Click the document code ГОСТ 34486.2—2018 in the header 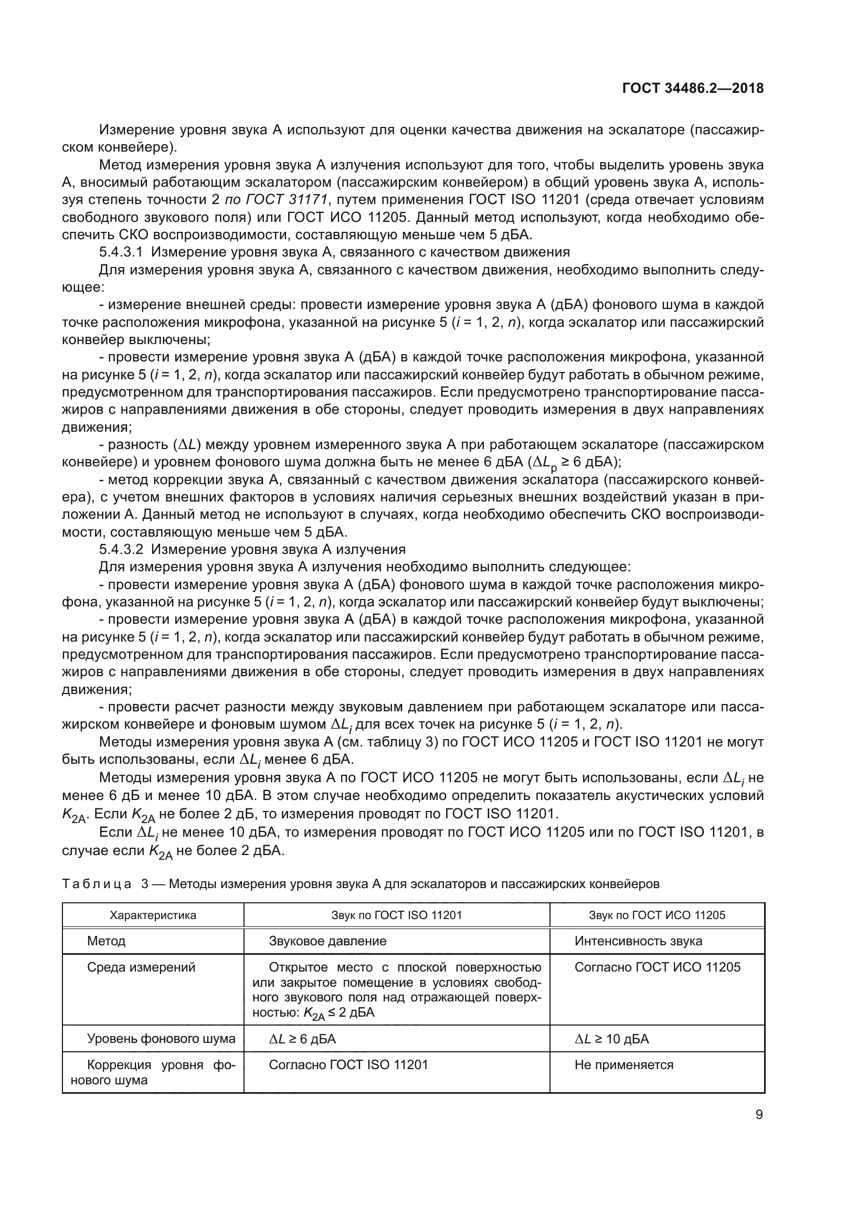point(693,88)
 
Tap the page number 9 point(759,1114)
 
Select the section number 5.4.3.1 point(120,252)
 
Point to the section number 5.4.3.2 point(120,549)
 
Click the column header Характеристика point(153,915)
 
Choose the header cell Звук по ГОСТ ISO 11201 point(397,915)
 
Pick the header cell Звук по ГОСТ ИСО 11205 point(657,915)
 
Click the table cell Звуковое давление point(327,941)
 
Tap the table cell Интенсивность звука point(638,941)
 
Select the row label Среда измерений point(141,967)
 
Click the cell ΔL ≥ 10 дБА point(611,1039)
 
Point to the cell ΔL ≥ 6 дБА point(302,1039)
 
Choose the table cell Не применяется point(624,1065)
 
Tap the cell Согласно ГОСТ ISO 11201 point(348,1065)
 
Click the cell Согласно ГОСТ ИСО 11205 point(658,967)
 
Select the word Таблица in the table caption point(97,884)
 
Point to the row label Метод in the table point(106,941)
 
